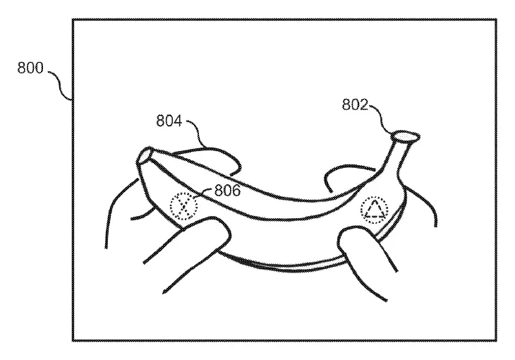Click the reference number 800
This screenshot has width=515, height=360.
pyautogui.click(x=30, y=68)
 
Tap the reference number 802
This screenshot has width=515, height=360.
pyautogui.click(x=355, y=104)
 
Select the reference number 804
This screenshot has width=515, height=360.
pyautogui.click(x=169, y=120)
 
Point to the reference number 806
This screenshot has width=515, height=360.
pyautogui.click(x=227, y=190)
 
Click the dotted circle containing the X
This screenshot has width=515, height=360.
pyautogui.click(x=184, y=206)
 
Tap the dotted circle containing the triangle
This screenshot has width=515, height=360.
pyautogui.click(x=374, y=210)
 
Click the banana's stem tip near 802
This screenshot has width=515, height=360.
pyautogui.click(x=406, y=136)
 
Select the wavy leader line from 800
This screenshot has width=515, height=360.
pyautogui.click(x=60, y=85)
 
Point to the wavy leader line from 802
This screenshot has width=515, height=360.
pyautogui.click(x=381, y=119)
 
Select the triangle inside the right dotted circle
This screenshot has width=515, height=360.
pyautogui.click(x=375, y=210)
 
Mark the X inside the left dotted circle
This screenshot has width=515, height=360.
pyautogui.click(x=184, y=206)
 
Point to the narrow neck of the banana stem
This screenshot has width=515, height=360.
pyautogui.click(x=396, y=155)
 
